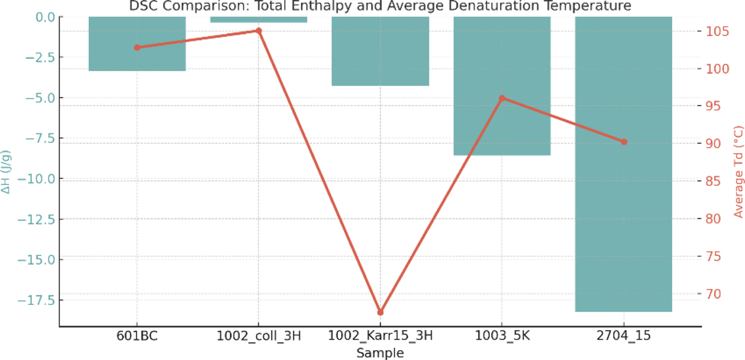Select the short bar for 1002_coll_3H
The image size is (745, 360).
pos(259,19)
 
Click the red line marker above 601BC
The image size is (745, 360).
pos(137,47)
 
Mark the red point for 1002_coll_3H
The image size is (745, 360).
pos(259,30)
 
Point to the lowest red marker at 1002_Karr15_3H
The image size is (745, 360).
pos(380,312)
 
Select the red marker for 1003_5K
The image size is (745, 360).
pos(502,98)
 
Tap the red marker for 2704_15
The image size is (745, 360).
pos(624,142)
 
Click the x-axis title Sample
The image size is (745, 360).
pos(380,353)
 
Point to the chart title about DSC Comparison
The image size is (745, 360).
pos(380,6)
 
